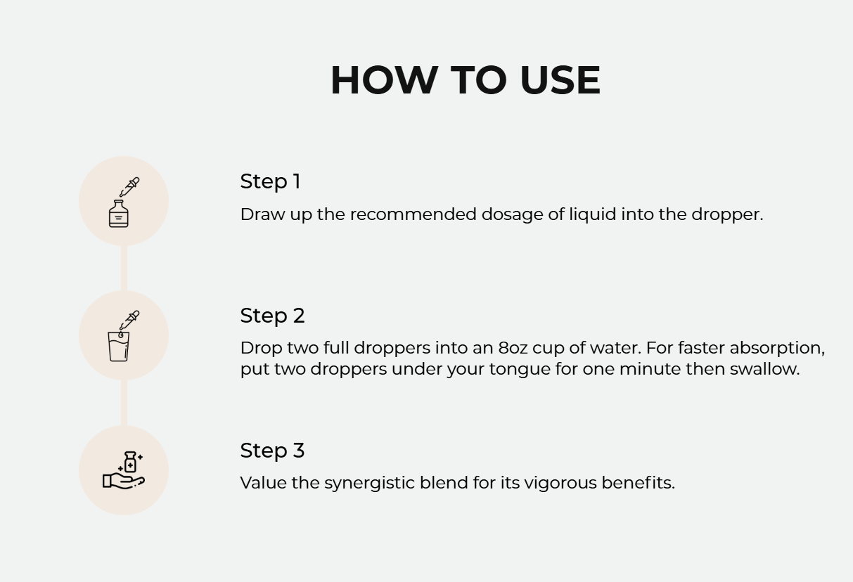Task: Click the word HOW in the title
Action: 384,80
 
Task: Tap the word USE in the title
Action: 560,80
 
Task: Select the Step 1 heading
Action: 270,181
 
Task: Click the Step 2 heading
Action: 272,316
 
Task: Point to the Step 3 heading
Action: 272,451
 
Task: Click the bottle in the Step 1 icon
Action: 118,214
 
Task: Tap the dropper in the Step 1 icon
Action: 129,187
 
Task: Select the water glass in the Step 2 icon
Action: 118,347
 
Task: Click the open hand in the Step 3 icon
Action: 123,481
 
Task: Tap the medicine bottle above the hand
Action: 130,462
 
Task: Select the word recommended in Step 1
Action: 413,214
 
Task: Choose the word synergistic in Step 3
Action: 369,484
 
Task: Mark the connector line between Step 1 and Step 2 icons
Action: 124,268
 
